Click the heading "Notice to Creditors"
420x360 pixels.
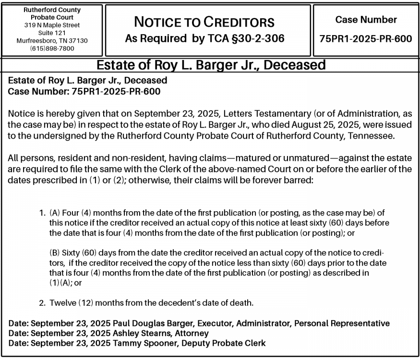point(204,22)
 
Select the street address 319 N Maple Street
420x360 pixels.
point(52,25)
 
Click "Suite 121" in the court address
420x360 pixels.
point(52,33)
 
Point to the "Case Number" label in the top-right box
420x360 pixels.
point(366,20)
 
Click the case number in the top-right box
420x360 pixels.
point(366,38)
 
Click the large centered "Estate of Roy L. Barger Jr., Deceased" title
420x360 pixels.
point(211,65)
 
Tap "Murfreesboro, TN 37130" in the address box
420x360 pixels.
point(52,40)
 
